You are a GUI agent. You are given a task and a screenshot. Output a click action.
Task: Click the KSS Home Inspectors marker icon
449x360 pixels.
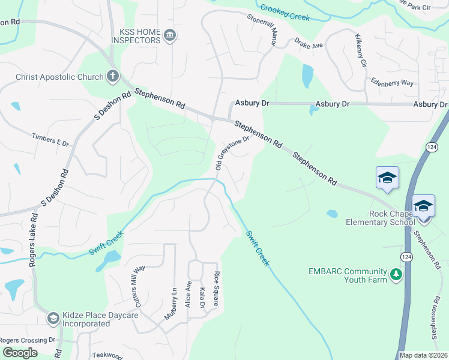(x=170, y=35)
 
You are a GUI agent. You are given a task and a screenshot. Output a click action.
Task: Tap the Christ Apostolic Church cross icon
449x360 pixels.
(x=112, y=76)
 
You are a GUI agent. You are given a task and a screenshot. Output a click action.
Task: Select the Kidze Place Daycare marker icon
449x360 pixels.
(x=53, y=319)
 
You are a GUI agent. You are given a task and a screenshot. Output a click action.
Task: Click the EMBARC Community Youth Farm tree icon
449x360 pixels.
(x=396, y=275)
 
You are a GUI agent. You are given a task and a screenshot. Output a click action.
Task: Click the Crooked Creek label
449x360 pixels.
(x=285, y=12)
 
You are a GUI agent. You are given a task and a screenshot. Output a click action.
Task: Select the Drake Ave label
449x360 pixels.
(x=309, y=44)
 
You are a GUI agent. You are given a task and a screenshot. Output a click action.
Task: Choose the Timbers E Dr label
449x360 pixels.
(x=51, y=140)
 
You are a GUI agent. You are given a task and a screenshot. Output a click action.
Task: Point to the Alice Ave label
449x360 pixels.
(x=188, y=293)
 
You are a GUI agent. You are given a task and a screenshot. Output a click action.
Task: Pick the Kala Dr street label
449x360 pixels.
(x=202, y=298)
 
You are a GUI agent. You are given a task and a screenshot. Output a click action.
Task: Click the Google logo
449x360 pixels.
(x=19, y=352)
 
